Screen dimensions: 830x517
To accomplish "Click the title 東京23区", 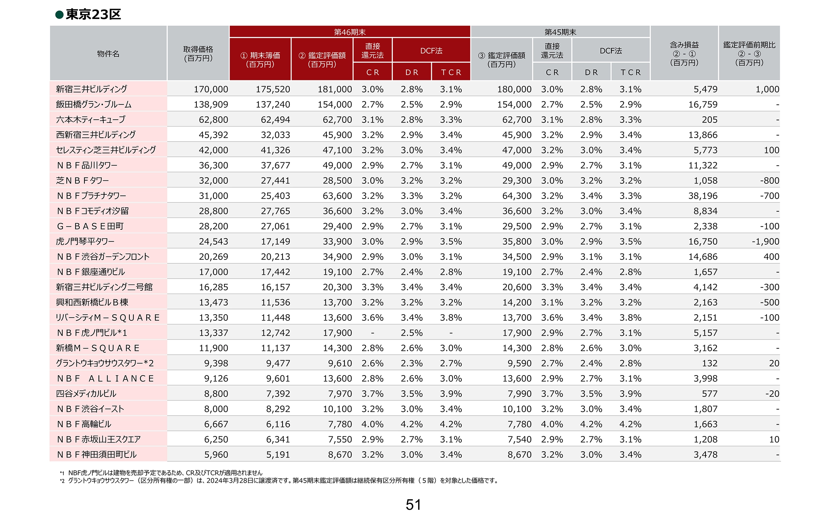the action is pyautogui.click(x=93, y=15).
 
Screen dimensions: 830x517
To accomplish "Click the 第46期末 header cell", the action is pyautogui.click(x=350, y=32).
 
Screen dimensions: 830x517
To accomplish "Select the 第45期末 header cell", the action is pyautogui.click(x=560, y=32).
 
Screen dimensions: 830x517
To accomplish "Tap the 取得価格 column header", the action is pyautogui.click(x=198, y=54).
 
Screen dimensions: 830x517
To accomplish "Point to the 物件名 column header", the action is pyautogui.click(x=108, y=54).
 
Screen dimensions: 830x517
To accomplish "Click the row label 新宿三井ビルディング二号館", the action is pyautogui.click(x=104, y=287).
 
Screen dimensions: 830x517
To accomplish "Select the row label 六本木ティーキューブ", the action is pyautogui.click(x=91, y=119).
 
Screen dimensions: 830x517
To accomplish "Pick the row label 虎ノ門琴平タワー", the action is pyautogui.click(x=85, y=241).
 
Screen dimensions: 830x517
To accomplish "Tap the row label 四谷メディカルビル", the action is pyautogui.click(x=86, y=393).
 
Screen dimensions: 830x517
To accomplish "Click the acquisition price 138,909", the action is pyautogui.click(x=211, y=105).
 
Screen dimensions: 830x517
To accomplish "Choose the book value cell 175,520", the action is pyautogui.click(x=273, y=89).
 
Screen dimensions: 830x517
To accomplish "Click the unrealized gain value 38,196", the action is pyautogui.click(x=703, y=196).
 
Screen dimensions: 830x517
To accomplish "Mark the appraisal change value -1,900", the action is pyautogui.click(x=765, y=242).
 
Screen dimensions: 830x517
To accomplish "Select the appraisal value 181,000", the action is pyautogui.click(x=335, y=89).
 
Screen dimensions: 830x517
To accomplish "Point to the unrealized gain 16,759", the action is pyautogui.click(x=703, y=105).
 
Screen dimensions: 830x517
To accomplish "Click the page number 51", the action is pyautogui.click(x=414, y=505).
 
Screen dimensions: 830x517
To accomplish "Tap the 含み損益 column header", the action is pyautogui.click(x=684, y=54).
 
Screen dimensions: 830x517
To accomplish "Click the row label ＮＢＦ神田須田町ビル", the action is pyautogui.click(x=97, y=454).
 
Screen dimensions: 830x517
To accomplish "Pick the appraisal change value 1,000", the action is pyautogui.click(x=767, y=89).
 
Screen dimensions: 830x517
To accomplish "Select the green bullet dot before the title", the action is pyautogui.click(x=59, y=15).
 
